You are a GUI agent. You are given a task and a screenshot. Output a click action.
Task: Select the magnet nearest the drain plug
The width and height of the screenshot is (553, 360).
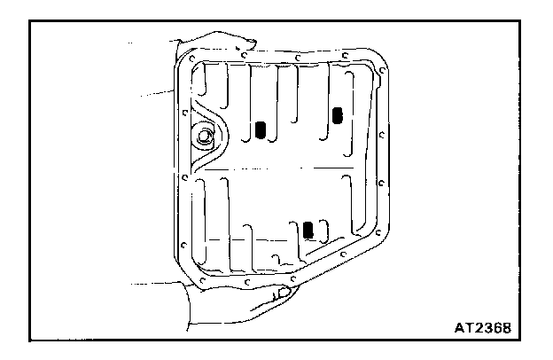[x=261, y=130]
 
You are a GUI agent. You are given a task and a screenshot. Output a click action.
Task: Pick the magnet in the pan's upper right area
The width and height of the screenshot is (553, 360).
[x=337, y=114]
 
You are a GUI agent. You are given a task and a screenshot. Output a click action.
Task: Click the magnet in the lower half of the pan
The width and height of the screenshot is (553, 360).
[x=308, y=230]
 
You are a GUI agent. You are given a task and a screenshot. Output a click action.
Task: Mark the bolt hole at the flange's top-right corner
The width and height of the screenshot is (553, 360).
[x=377, y=64]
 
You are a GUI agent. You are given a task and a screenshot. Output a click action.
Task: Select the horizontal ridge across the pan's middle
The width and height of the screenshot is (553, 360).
[x=284, y=168]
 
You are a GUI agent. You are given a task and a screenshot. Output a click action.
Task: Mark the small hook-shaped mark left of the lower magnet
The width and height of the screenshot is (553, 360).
[x=280, y=260]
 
